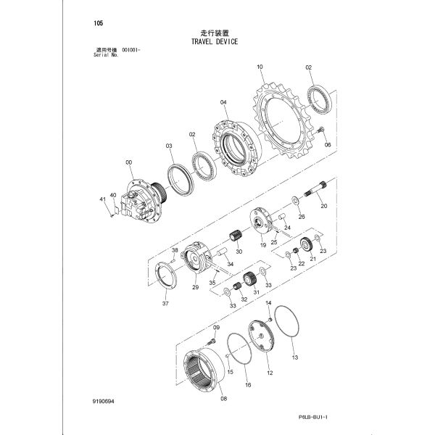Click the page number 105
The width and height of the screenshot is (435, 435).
tap(99, 23)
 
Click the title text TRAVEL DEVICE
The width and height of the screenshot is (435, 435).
tap(215, 41)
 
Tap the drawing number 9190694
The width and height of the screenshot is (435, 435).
tap(103, 402)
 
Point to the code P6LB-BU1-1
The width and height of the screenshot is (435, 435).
tap(313, 417)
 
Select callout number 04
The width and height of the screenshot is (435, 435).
tap(223, 102)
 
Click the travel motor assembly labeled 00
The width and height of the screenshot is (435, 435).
tap(142, 201)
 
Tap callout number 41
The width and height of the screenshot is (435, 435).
tap(103, 199)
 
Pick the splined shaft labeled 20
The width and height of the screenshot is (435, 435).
tap(315, 188)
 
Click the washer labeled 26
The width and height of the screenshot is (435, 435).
tap(295, 200)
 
